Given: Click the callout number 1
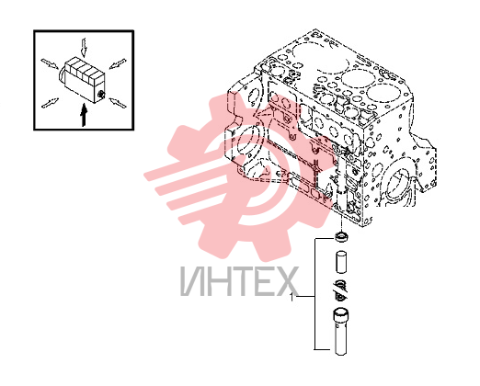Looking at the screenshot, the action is click(291, 297).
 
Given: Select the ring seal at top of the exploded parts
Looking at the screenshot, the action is click(341, 237).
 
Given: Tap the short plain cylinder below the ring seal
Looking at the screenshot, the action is click(341, 262).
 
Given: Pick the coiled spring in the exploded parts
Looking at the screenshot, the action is click(341, 289).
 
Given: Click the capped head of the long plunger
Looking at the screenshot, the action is click(341, 315).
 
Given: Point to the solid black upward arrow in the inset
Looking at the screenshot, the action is click(84, 115).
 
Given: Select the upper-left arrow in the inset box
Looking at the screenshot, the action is click(50, 63).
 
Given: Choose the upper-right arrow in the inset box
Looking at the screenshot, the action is click(118, 63).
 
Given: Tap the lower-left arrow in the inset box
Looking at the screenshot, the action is click(50, 103).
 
